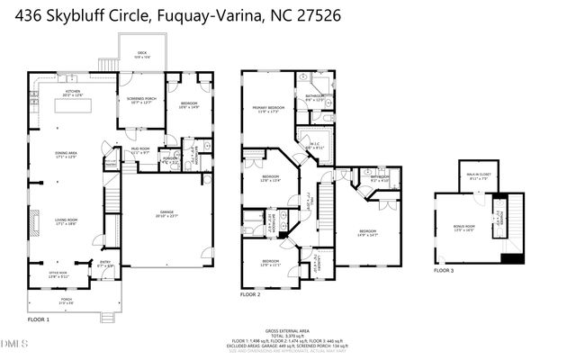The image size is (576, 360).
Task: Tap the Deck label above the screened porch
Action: (x=141, y=56)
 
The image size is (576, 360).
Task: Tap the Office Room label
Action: (x=58, y=275)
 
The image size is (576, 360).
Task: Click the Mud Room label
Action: (x=139, y=151)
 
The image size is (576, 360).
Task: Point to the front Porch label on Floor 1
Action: (x=67, y=301)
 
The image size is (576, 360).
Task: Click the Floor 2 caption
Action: (x=250, y=294)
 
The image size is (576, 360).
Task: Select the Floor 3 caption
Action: (x=445, y=270)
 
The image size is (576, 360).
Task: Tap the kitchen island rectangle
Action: (x=76, y=105)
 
